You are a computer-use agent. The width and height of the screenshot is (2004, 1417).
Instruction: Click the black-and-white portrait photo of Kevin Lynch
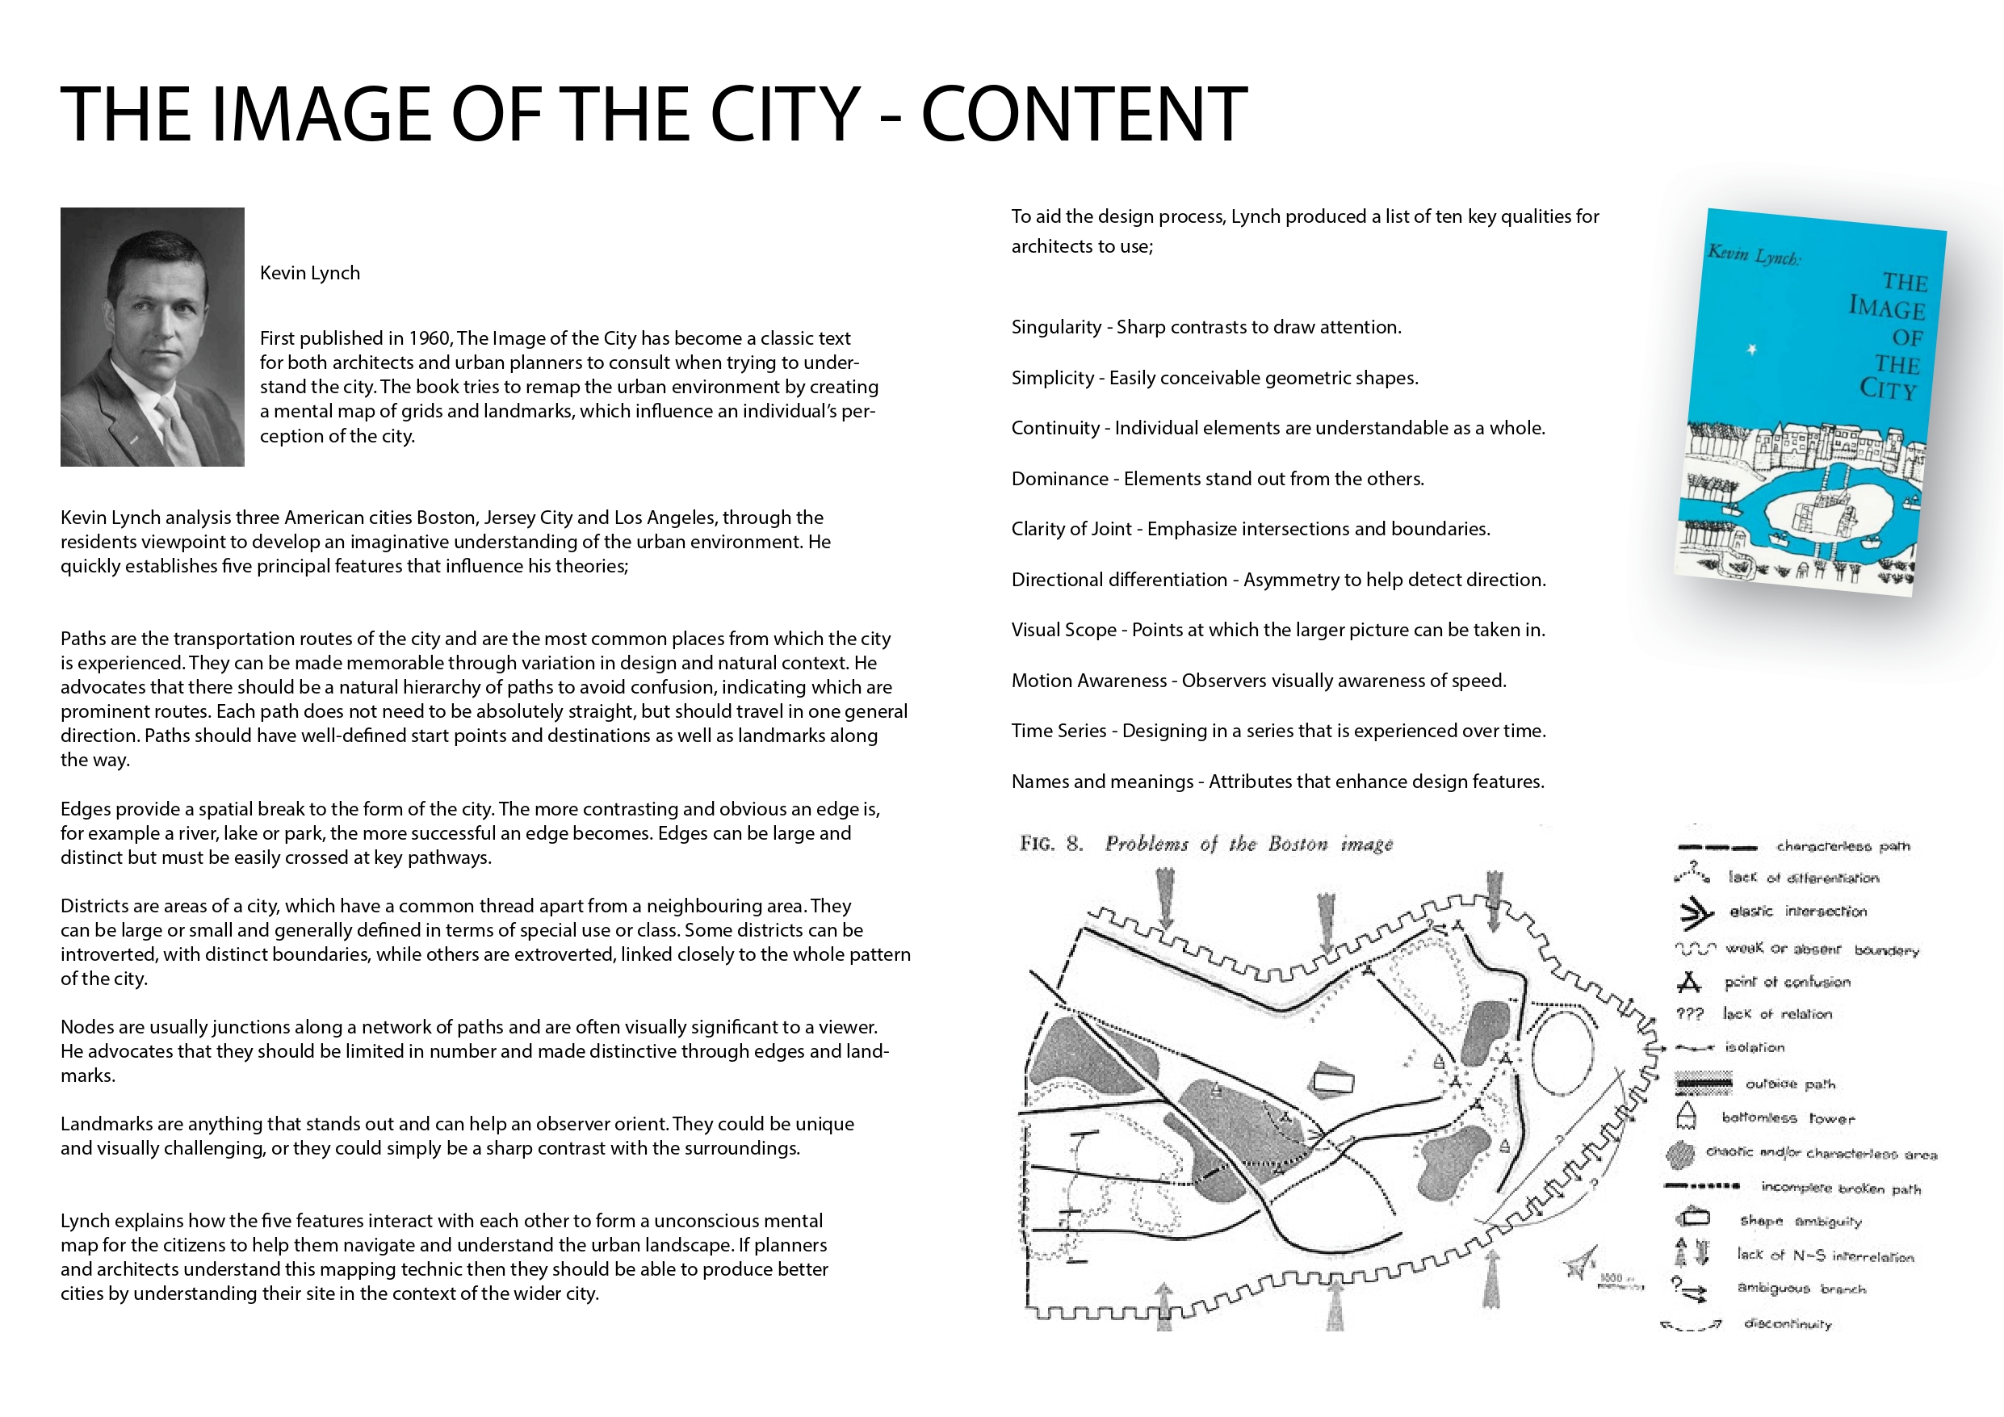(152, 337)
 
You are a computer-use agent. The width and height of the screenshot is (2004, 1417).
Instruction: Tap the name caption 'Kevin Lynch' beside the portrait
(310, 273)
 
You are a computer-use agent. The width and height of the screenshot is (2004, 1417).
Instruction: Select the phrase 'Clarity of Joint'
(1071, 529)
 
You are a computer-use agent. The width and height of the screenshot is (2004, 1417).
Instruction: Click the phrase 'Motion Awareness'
(1088, 681)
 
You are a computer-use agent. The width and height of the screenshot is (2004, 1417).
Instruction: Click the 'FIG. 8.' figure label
(1051, 845)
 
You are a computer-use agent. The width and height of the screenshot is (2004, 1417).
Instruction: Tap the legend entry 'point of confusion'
(1787, 982)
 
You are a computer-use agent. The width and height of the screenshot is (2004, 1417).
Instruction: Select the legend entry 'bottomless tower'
(1788, 1118)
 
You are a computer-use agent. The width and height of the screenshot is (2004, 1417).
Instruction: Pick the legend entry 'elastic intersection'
(1797, 912)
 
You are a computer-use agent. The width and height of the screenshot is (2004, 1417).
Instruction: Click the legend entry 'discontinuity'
(1787, 1324)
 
